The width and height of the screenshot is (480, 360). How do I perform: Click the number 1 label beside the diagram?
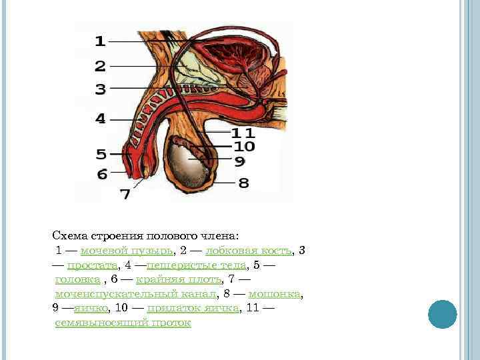point(99,41)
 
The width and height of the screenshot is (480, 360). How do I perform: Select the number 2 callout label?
point(100,66)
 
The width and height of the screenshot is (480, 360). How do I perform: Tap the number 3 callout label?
point(100,89)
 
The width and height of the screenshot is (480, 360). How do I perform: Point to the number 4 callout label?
point(100,119)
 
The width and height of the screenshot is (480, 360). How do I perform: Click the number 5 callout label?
point(101,155)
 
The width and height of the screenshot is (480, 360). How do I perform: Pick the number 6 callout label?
point(101,174)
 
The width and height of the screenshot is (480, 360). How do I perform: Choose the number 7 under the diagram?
point(125,195)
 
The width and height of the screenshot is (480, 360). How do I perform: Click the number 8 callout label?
point(244,182)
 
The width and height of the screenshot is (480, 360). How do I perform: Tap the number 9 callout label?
point(239,161)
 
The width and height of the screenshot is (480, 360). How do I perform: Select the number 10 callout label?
point(244,146)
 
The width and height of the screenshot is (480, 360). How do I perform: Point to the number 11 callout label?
point(244,133)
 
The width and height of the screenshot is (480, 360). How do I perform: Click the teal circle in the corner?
point(442,314)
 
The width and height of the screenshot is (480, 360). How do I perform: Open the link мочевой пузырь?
point(127,251)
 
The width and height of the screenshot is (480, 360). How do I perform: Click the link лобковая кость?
point(249,251)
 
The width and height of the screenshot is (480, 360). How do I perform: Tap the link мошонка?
point(275,294)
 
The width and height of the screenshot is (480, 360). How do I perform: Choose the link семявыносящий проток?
point(123,323)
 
